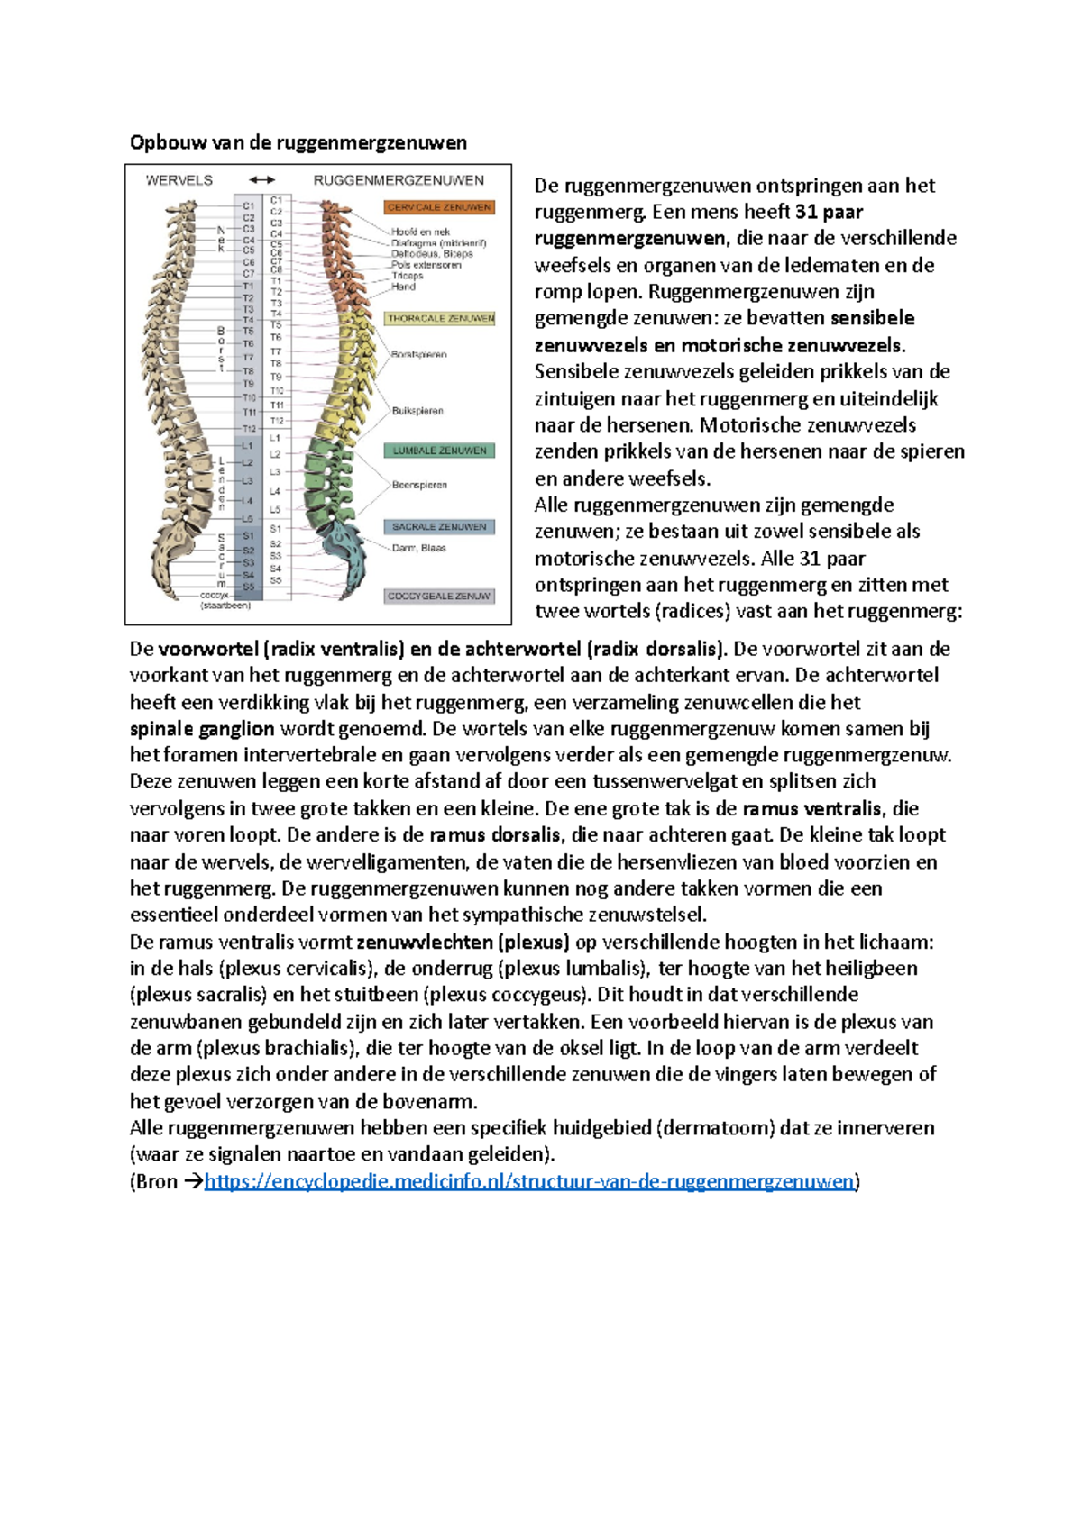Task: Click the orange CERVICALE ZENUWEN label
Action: click(439, 207)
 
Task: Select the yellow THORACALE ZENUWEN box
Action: click(440, 318)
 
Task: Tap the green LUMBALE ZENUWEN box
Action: click(439, 450)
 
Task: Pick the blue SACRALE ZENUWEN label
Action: click(439, 526)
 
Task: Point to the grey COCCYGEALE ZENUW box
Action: click(439, 596)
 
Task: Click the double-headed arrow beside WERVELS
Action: click(261, 180)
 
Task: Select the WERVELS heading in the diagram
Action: click(179, 180)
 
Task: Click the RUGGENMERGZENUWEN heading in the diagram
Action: click(399, 180)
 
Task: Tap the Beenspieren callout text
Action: click(419, 485)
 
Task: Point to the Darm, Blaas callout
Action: click(418, 548)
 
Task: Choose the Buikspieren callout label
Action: click(417, 411)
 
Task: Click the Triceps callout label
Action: click(407, 276)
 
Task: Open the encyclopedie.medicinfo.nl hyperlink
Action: click(528, 1181)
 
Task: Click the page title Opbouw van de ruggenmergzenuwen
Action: click(298, 142)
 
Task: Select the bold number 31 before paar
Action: click(806, 212)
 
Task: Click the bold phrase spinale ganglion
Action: click(202, 729)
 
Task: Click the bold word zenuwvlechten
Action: click(425, 943)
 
